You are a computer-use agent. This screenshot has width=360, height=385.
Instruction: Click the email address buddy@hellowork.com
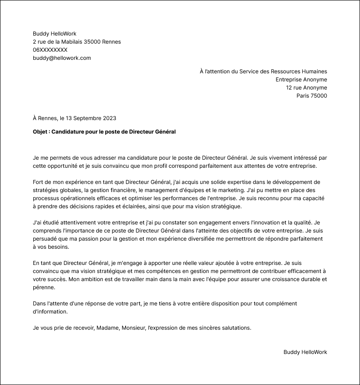coord(62,58)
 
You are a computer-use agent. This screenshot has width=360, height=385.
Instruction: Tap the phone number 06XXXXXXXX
coord(50,50)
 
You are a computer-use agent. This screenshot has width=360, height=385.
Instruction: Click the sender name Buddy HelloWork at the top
coord(54,34)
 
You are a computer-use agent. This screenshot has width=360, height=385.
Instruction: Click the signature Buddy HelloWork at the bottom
coord(305,352)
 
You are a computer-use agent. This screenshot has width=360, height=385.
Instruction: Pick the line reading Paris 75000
coord(311,96)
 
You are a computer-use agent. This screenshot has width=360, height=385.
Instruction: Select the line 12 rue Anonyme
coord(306,88)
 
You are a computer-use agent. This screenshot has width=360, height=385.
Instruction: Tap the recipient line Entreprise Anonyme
coord(301,80)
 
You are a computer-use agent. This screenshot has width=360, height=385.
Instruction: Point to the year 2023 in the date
coord(109,118)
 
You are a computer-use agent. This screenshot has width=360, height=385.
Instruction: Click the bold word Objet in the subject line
coord(40,132)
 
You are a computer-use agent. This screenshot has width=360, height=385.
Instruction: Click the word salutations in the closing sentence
coord(234,328)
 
